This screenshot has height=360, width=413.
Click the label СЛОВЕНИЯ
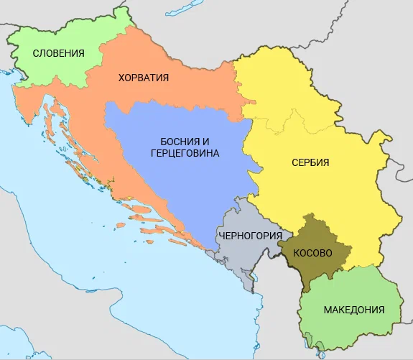[x=59, y=53]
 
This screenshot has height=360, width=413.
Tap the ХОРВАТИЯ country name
[x=143, y=78]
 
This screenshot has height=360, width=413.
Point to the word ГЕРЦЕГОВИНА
[x=185, y=154]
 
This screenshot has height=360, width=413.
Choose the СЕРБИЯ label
[x=310, y=162]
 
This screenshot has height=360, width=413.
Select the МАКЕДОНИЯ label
[x=353, y=310]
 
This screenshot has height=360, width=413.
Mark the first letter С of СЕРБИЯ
[x=294, y=162]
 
